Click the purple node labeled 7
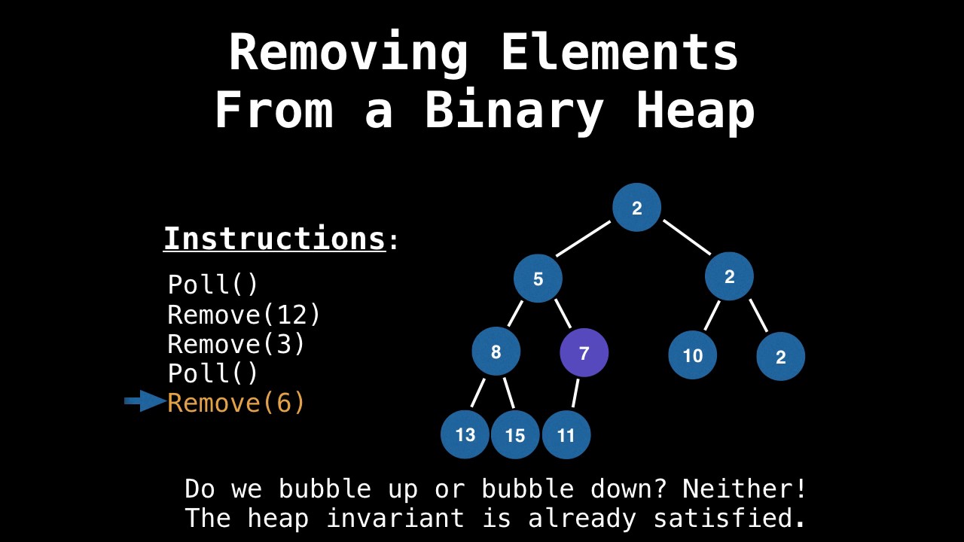click(x=584, y=353)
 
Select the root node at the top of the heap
click(x=636, y=208)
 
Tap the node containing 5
click(x=538, y=279)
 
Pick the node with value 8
click(x=496, y=352)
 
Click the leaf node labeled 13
click(x=465, y=434)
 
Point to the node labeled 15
click(x=515, y=435)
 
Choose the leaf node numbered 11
click(x=566, y=435)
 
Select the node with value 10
click(x=692, y=355)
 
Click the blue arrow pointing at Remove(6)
click(x=145, y=401)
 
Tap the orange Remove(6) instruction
click(x=236, y=403)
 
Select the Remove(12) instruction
click(x=244, y=315)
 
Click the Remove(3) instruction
click(x=236, y=344)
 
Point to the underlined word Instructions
click(x=274, y=239)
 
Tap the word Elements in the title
click(x=619, y=53)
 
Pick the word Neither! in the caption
click(x=744, y=489)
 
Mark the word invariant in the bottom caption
click(x=395, y=518)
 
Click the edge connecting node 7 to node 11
click(x=575, y=393)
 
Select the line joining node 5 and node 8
click(x=515, y=313)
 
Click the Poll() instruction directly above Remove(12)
click(x=213, y=285)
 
